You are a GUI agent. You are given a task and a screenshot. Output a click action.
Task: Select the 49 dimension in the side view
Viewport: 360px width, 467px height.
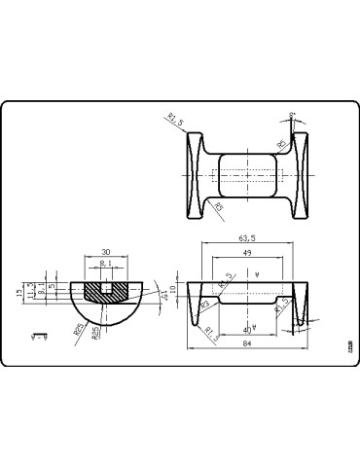click(x=247, y=253)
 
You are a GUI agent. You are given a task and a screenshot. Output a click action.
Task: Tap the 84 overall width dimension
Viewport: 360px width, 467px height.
click(x=247, y=344)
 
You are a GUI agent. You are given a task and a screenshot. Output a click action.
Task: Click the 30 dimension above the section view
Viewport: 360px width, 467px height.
click(x=105, y=249)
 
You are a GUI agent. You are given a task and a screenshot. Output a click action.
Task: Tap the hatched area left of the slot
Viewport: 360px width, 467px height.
click(x=91, y=289)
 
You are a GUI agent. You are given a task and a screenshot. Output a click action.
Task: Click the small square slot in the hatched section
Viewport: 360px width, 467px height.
click(x=105, y=287)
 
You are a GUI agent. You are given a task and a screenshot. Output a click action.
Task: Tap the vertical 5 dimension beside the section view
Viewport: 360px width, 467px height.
click(x=51, y=288)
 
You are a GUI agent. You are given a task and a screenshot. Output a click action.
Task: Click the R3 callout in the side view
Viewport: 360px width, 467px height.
click(x=206, y=305)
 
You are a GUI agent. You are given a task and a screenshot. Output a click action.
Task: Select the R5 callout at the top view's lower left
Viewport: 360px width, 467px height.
click(x=219, y=205)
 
